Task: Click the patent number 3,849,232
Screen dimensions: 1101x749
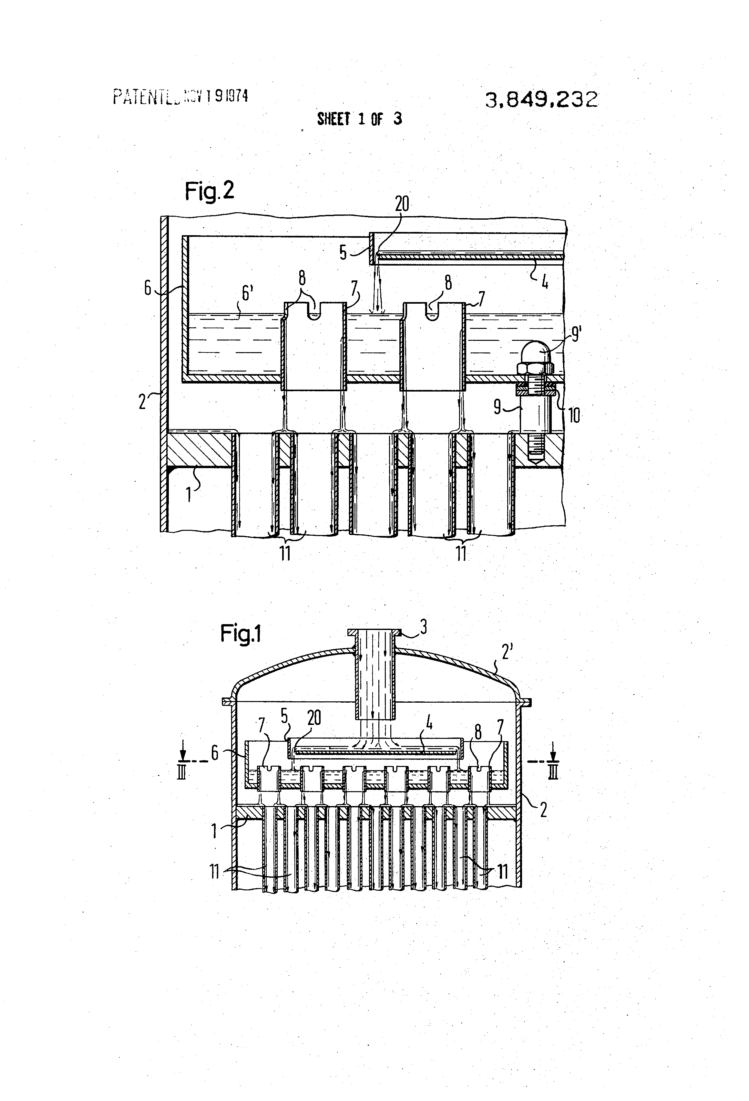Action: point(541,100)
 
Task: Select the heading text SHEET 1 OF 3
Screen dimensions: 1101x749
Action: point(359,119)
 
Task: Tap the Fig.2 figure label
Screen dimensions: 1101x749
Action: point(209,191)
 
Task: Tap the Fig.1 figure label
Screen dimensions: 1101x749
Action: point(241,634)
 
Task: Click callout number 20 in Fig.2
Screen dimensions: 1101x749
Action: point(402,204)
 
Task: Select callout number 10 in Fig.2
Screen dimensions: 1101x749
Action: point(573,415)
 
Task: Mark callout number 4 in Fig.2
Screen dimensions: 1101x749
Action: point(544,283)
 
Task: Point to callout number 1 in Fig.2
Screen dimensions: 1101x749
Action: point(189,495)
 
